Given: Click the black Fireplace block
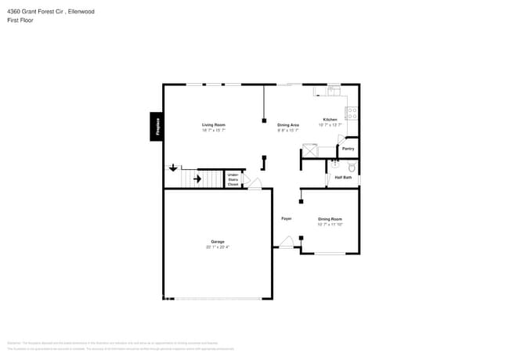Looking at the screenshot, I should [157, 127].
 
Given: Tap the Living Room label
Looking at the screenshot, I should [214, 125].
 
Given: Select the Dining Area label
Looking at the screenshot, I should [288, 125].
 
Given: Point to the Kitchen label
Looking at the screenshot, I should [330, 120].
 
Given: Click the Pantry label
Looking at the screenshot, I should [348, 148].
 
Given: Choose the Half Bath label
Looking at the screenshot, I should [343, 178].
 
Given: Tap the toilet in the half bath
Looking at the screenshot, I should [352, 167].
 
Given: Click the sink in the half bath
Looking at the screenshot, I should [335, 164].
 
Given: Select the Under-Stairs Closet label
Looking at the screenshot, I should [233, 179].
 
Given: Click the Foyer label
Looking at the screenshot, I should [287, 218].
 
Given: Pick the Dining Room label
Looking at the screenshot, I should [330, 219].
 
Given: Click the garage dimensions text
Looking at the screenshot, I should [217, 247].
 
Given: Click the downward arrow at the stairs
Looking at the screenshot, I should [173, 167].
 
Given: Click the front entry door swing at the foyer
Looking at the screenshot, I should [287, 243].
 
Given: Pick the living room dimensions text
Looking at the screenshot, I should [214, 131].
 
